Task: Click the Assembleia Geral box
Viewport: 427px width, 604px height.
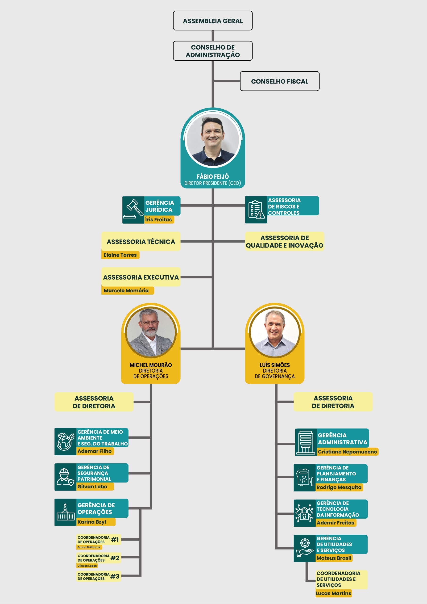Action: point(213,21)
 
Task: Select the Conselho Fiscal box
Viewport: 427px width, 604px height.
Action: point(280,81)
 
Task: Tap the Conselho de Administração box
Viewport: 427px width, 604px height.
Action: point(213,51)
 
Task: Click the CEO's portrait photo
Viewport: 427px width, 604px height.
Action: point(213,140)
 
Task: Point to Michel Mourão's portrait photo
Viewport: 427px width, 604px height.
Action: point(151,332)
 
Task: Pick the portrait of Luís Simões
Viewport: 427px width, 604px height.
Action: point(275,332)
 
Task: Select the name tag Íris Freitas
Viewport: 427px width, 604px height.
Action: point(159,219)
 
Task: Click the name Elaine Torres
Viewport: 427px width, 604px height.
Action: point(120,255)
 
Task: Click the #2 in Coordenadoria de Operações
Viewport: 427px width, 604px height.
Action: point(115,558)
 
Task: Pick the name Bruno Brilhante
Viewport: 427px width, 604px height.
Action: point(89,547)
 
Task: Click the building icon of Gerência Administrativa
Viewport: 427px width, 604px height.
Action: point(306,442)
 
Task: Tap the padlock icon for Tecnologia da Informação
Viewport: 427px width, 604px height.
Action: point(304,513)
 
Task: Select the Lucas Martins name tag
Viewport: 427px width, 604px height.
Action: point(333,593)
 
